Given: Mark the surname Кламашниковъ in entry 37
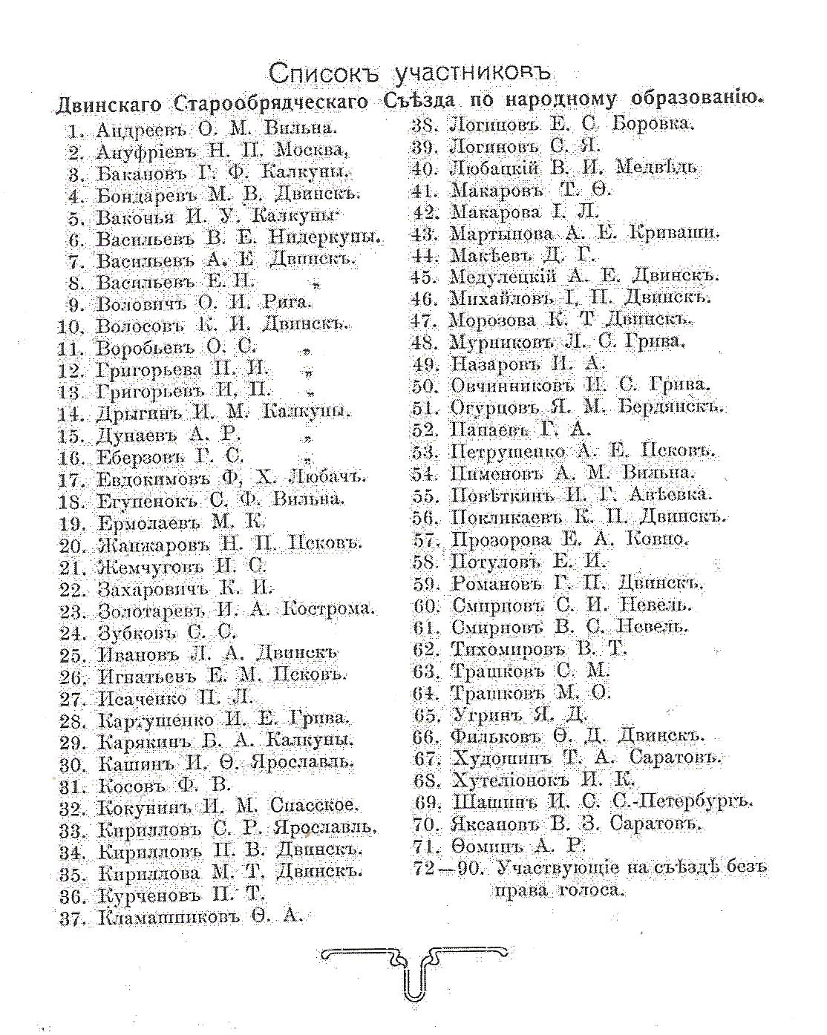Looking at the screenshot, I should [170, 917].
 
